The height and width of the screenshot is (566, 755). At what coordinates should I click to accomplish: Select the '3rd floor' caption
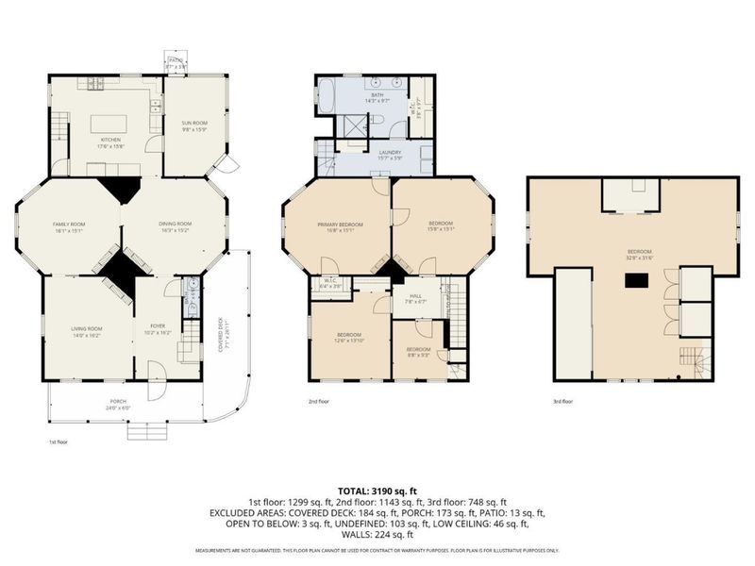tap(563, 401)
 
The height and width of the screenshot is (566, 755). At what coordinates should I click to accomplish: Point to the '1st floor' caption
tap(59, 441)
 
